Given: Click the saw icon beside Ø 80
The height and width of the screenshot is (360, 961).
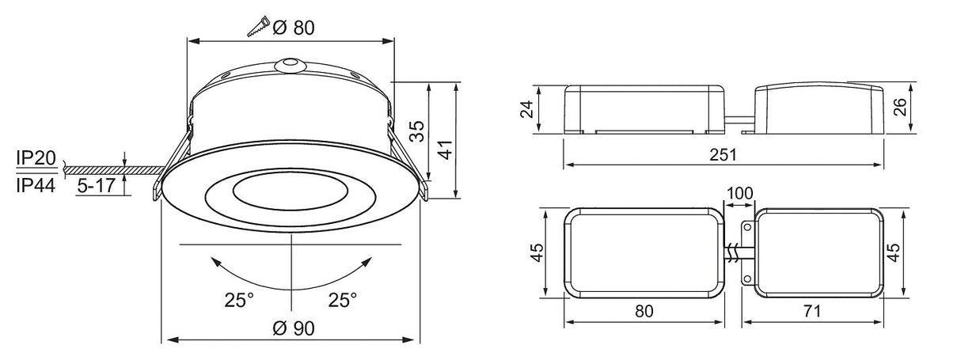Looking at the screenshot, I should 260,26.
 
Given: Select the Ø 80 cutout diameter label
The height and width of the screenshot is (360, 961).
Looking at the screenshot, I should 294,28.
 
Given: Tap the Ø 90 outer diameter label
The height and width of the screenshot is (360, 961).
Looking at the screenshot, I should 293,328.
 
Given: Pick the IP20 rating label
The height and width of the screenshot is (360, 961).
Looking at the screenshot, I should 35,160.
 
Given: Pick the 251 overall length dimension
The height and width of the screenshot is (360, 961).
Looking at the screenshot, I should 723,154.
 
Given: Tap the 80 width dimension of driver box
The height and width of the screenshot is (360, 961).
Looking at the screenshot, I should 644,312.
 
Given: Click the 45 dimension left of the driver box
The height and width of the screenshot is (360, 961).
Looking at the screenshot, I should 536,252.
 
